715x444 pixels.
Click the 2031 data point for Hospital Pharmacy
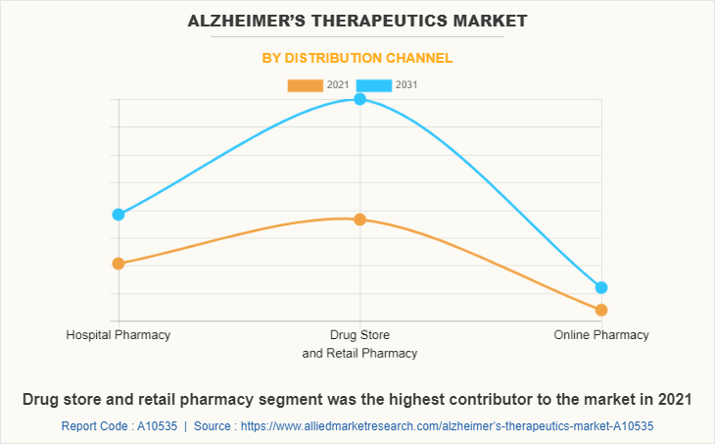pos(119,215)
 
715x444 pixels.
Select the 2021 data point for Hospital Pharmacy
pos(119,264)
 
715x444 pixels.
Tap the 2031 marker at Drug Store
pos(359,99)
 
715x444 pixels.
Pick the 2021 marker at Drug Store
pos(359,220)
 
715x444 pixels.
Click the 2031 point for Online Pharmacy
pos(601,287)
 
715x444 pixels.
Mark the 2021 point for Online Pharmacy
pos(601,310)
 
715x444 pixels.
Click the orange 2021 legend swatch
pos(305,85)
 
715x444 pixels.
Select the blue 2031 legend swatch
pos(373,85)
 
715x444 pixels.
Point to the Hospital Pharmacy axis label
pos(119,335)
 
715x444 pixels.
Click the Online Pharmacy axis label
pos(601,335)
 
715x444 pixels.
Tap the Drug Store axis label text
pos(359,335)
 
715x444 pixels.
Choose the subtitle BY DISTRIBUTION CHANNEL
pos(357,58)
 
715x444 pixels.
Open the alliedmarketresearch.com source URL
pos(447,426)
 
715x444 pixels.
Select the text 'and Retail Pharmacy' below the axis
pos(359,353)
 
